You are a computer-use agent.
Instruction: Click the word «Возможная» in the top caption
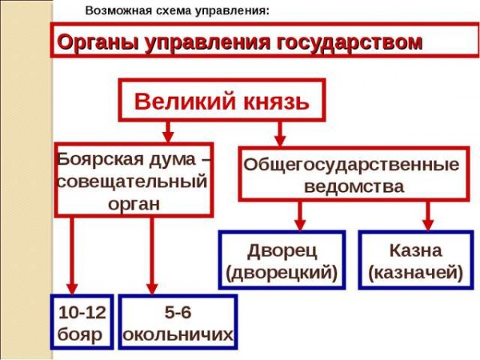click(x=118, y=10)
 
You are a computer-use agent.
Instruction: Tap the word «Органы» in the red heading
click(x=98, y=42)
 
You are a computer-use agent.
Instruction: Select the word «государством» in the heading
click(x=350, y=42)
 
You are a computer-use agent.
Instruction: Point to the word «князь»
click(x=276, y=102)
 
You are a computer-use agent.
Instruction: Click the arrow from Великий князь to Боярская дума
click(x=168, y=132)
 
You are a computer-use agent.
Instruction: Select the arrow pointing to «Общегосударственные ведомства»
click(x=280, y=134)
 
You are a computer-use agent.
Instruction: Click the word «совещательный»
click(x=133, y=182)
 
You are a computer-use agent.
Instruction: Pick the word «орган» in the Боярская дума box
click(x=134, y=204)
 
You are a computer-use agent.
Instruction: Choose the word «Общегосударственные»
click(x=351, y=166)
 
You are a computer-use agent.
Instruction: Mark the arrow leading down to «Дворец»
click(x=300, y=215)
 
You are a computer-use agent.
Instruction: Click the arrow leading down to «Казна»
click(x=428, y=215)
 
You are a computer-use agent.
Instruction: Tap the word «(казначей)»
click(x=415, y=273)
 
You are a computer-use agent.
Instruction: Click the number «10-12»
click(x=82, y=313)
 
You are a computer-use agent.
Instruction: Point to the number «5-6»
click(x=178, y=313)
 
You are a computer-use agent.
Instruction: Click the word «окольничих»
click(x=178, y=335)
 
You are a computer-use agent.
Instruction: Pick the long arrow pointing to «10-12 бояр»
click(x=72, y=256)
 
